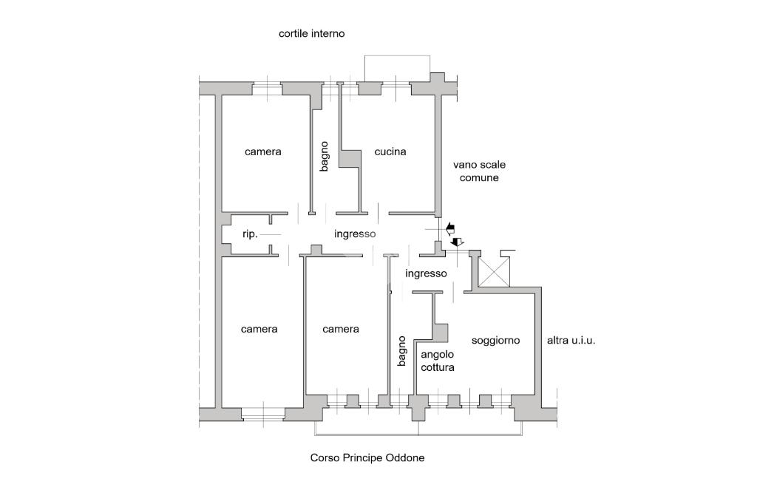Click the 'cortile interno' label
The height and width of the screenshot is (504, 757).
(311, 34)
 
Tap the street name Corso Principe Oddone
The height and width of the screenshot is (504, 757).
(367, 458)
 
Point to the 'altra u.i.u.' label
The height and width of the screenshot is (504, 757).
(571, 341)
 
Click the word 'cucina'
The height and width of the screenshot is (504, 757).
(390, 152)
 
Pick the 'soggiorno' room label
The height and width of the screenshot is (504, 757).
(495, 341)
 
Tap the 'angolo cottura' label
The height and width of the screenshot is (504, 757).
(437, 361)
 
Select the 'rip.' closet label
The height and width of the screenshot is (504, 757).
(250, 234)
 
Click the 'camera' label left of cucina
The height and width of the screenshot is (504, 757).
(263, 152)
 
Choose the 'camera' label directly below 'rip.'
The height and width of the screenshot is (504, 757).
(259, 329)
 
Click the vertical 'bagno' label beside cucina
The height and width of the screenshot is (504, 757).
(324, 157)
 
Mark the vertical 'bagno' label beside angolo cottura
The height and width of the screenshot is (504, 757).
(401, 351)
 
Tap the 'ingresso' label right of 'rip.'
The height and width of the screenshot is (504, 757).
(355, 234)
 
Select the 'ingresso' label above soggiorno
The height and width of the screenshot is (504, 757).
(426, 273)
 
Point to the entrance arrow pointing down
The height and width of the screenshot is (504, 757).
(457, 242)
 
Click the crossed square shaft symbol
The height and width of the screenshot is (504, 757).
(493, 273)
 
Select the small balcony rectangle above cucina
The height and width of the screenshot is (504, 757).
(398, 65)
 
